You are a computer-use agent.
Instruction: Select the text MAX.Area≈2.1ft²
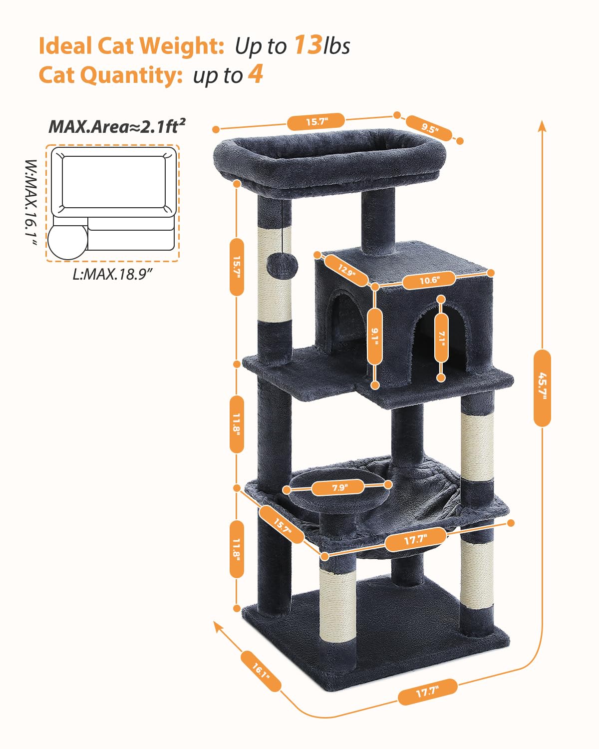click(117, 126)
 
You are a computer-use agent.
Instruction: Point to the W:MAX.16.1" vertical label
click(31, 202)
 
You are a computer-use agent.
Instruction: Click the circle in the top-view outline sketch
click(68, 241)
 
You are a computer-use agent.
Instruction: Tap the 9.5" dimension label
click(429, 128)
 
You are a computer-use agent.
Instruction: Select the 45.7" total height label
click(542, 388)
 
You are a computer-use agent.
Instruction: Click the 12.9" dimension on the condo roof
click(346, 270)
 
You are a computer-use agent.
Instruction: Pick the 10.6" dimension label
click(429, 280)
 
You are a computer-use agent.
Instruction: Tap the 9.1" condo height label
click(375, 336)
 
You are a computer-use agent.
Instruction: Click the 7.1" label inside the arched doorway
click(441, 338)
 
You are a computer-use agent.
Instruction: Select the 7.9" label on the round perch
click(339, 487)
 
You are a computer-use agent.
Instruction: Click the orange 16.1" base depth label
click(261, 671)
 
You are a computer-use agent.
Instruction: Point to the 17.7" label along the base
click(427, 692)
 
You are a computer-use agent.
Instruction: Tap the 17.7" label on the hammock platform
click(415, 539)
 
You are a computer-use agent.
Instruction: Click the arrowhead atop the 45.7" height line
click(542, 125)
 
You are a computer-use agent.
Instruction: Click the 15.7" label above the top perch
click(316, 121)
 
